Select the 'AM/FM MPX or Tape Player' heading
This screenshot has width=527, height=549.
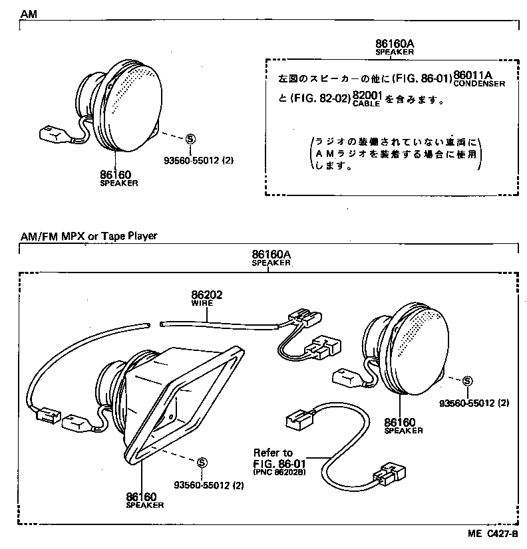click(88, 235)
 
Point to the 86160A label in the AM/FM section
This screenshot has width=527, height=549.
click(271, 254)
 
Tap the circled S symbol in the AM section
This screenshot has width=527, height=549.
click(190, 138)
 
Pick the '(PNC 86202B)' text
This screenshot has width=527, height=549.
click(281, 473)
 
